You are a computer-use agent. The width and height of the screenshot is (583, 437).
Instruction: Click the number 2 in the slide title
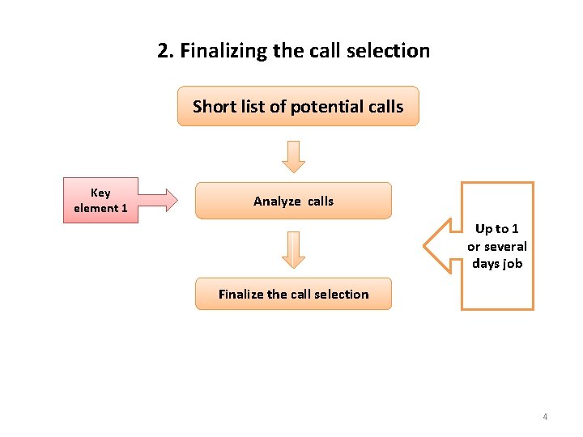click(164, 51)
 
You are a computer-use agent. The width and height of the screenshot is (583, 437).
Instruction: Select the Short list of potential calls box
click(298, 106)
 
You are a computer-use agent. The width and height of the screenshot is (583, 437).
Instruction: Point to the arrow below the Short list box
click(293, 157)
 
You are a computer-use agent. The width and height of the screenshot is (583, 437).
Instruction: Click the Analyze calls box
click(293, 201)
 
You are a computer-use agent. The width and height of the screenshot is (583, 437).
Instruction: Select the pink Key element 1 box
click(100, 200)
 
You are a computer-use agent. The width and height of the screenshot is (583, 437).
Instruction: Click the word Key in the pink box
click(100, 193)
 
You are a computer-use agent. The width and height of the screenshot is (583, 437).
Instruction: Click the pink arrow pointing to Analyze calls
click(157, 200)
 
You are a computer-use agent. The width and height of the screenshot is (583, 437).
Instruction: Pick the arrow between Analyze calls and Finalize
click(293, 249)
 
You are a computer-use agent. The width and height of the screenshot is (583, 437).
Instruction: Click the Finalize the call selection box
click(293, 294)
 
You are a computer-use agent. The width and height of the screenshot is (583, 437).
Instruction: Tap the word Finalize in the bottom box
click(243, 294)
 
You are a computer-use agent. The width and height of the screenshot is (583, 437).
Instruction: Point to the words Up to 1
click(497, 229)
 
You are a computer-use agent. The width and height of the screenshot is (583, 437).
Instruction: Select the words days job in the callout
click(497, 263)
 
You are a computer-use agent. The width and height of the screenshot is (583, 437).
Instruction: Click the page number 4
click(545, 417)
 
